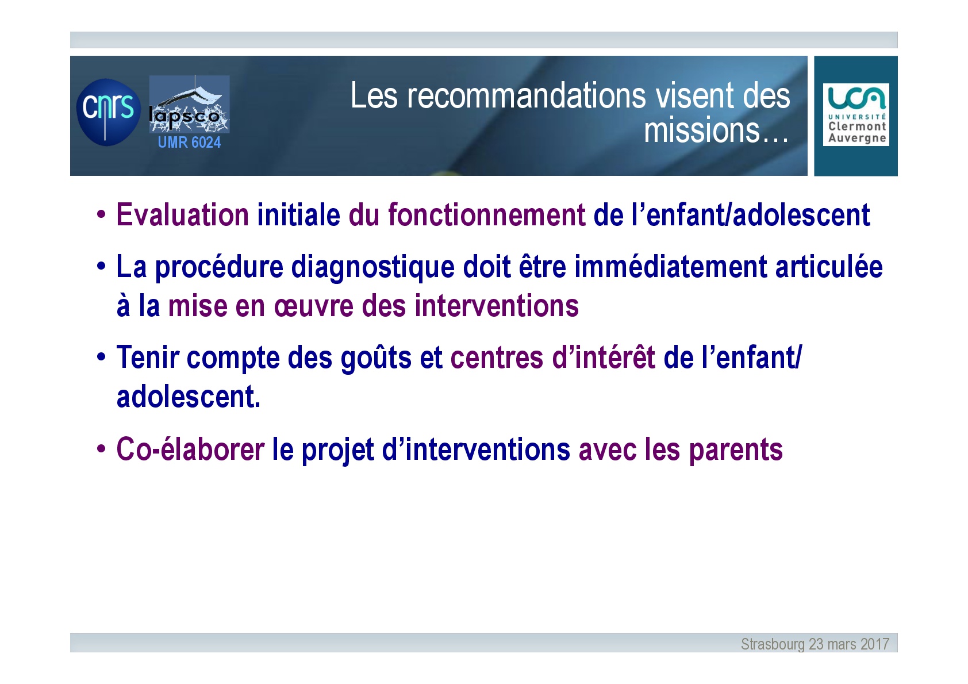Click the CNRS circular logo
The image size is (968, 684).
(108, 112)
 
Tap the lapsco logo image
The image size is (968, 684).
(189, 104)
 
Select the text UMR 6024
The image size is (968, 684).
(189, 142)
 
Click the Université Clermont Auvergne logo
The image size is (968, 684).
(856, 114)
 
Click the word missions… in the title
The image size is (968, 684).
(716, 130)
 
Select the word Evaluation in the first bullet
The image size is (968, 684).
(183, 215)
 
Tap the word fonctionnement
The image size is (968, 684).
(487, 215)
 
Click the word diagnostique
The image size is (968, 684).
(373, 267)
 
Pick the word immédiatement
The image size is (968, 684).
(671, 267)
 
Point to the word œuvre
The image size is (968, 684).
(314, 306)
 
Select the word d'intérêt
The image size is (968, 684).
(604, 358)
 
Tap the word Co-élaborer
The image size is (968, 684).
(191, 449)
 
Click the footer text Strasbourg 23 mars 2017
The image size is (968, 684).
(815, 644)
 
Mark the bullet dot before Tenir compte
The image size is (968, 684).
(101, 358)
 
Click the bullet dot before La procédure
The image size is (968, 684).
(101, 266)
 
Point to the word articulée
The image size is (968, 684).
(829, 267)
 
